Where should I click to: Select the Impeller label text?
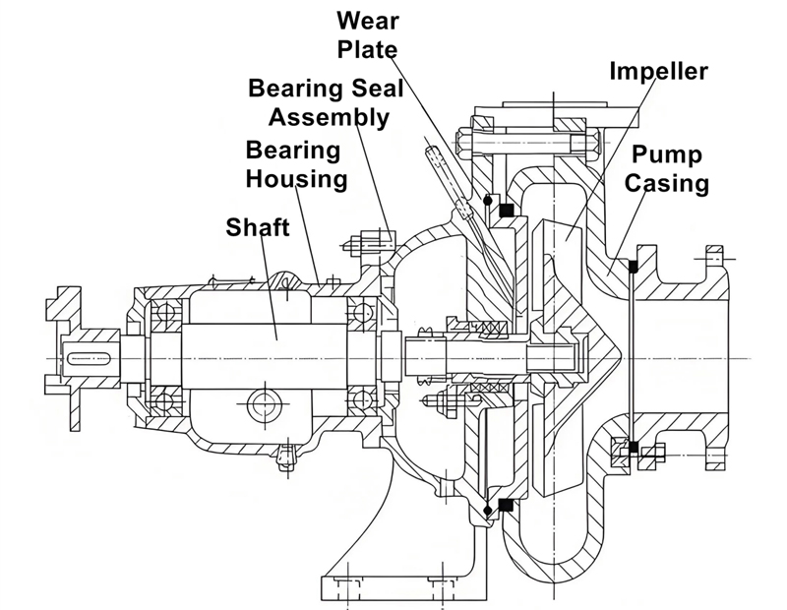[659, 71]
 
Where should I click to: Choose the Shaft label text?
[258, 228]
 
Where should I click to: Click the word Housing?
[296, 179]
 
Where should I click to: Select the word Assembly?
[330, 117]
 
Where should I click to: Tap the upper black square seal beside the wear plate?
[508, 210]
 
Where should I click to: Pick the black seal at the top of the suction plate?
[635, 265]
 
